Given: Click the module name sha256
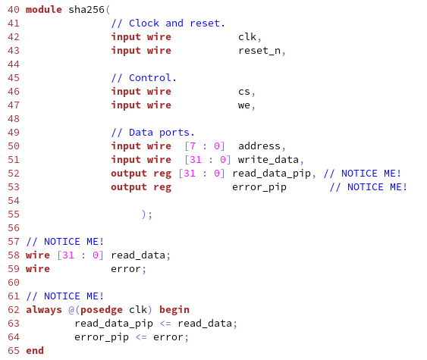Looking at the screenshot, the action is click(x=86, y=10).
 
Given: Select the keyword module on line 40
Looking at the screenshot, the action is click(x=44, y=10).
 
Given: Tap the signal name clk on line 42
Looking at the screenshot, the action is click(x=247, y=36).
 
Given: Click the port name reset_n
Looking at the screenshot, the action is click(x=259, y=51).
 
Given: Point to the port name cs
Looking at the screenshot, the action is click(x=244, y=92).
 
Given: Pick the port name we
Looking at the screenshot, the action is click(x=244, y=105).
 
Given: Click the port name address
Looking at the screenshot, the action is click(x=259, y=146).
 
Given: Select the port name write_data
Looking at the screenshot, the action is click(x=268, y=160).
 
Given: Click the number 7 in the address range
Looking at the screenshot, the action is click(x=193, y=146).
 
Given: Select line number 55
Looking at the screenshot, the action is click(x=14, y=214).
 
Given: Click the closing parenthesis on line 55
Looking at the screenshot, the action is click(x=144, y=214).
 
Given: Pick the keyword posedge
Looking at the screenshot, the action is click(x=102, y=310).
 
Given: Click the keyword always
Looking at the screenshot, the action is click(x=44, y=310).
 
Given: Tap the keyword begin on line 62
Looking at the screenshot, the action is click(x=174, y=310).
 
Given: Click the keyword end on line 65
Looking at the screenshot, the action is click(x=35, y=350).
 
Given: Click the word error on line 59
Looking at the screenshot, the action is click(x=126, y=269).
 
